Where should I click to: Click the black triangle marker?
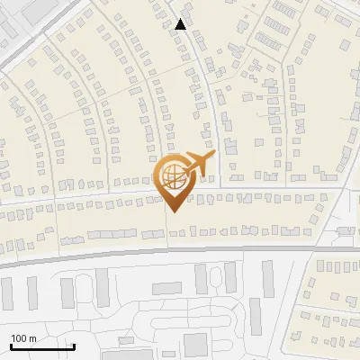point(181,24)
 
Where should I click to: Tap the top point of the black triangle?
point(181,19)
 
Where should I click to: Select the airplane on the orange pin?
point(197,165)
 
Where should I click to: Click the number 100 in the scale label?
point(19,338)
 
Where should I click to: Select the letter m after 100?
point(32,338)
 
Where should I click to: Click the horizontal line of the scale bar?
point(41,346)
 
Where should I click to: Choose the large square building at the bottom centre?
point(195,344)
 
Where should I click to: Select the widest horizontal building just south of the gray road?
point(166,289)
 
